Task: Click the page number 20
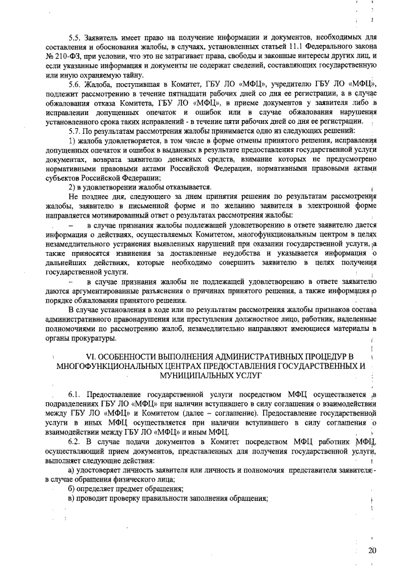(373, 551)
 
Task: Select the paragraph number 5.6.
(75, 84)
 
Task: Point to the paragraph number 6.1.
(75, 396)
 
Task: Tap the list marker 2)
(72, 187)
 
